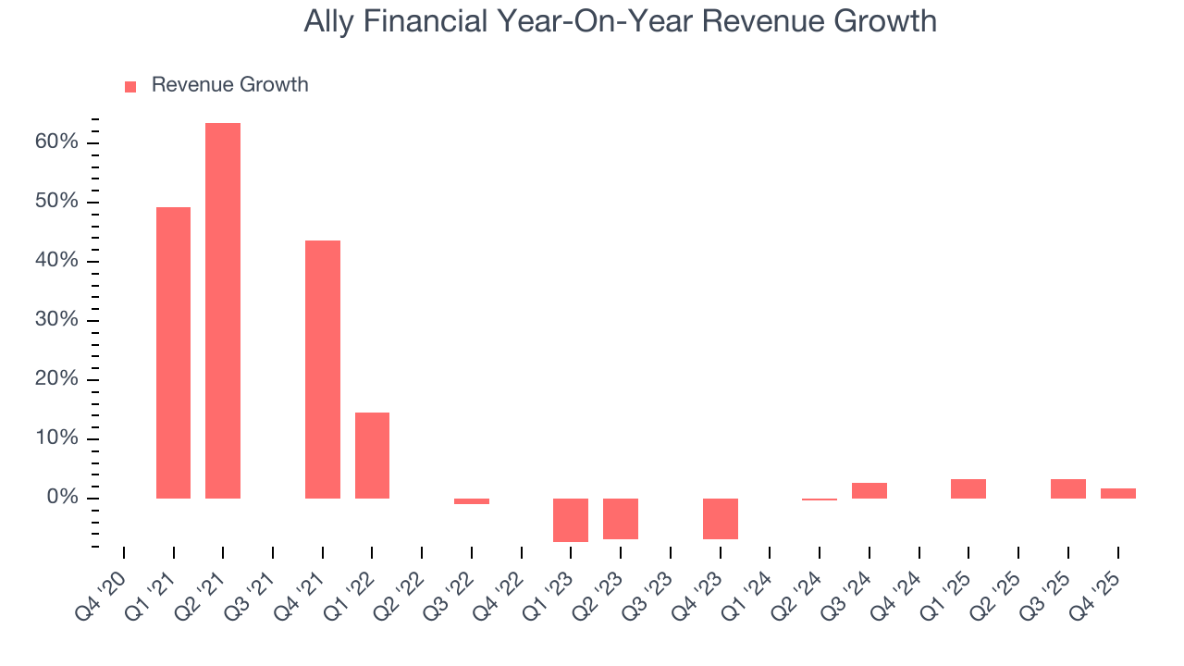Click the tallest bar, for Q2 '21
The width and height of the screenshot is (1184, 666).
(x=223, y=311)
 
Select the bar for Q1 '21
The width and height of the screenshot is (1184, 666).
(x=173, y=352)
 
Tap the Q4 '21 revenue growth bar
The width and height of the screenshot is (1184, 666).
(x=323, y=369)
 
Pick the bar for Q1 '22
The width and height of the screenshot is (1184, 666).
(x=372, y=455)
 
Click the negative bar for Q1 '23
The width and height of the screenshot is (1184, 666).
(x=571, y=520)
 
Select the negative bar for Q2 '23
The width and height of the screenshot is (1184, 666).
(x=621, y=519)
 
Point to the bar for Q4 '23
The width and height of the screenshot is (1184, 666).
(x=721, y=519)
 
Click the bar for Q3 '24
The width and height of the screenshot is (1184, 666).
(x=869, y=490)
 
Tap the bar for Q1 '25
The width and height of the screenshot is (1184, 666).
(x=968, y=488)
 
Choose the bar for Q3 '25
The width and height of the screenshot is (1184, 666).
(x=1068, y=488)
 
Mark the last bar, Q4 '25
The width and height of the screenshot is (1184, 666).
(x=1118, y=493)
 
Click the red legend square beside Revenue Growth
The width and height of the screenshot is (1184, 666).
(x=130, y=87)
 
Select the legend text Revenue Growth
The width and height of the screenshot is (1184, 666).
(x=229, y=85)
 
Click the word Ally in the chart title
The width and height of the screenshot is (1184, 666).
(x=328, y=21)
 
